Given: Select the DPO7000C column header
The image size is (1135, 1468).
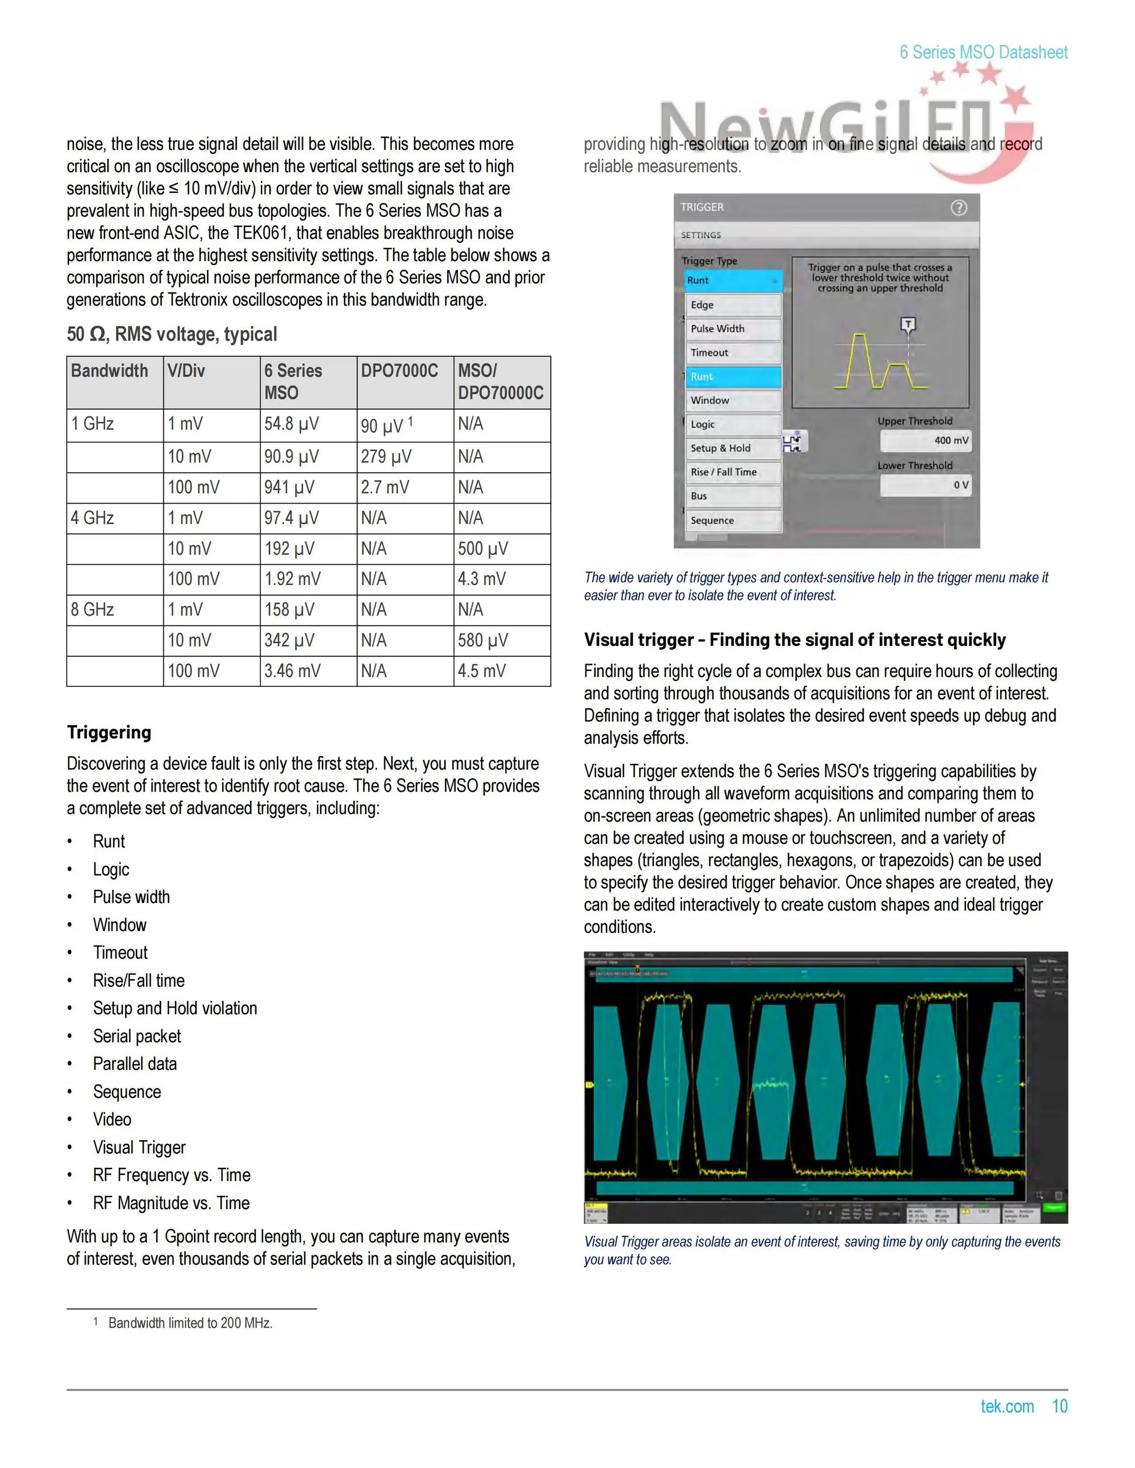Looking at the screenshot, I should point(400,371).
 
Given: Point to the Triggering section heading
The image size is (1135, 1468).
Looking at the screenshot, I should point(109,732).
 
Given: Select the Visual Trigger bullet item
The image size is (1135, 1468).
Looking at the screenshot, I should point(139,1147).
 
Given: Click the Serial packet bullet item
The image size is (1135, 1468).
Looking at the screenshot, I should point(137,1037).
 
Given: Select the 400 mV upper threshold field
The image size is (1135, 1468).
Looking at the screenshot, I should point(926,440).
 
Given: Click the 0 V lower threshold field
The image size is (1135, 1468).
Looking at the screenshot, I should point(926,484).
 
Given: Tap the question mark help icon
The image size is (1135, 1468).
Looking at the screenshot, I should point(958,208).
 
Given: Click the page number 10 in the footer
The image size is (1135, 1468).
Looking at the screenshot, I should point(1060,1406).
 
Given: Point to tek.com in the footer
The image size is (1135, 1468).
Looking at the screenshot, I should point(1007,1406).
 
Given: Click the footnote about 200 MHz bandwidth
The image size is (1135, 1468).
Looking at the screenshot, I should point(190,1323).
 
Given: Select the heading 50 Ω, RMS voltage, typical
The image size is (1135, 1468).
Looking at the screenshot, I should point(171,334).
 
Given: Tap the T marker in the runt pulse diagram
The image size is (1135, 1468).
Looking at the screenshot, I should point(908,325).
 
